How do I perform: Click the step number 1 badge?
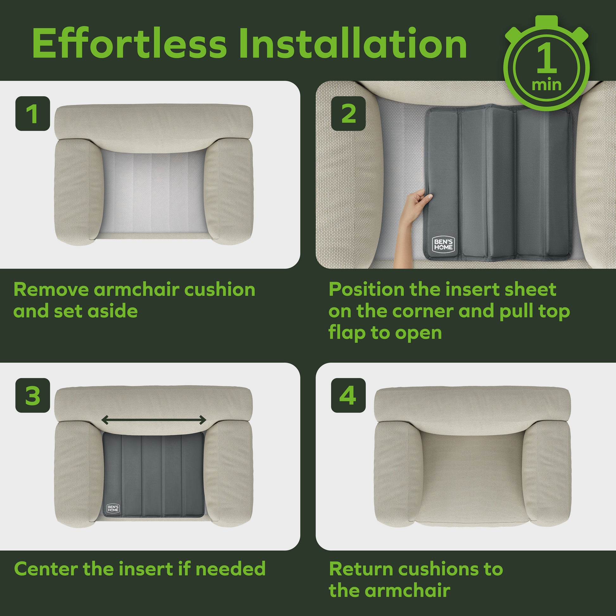33,114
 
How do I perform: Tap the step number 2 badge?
348,114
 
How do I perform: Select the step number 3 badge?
33,395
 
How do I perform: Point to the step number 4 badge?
348,395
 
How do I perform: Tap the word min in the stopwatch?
546,85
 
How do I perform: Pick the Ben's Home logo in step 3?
113,508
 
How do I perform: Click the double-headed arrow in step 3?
154,420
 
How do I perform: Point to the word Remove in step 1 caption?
51,290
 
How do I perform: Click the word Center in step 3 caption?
46,569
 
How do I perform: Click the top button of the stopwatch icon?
546,21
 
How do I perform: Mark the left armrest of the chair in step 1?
79,191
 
